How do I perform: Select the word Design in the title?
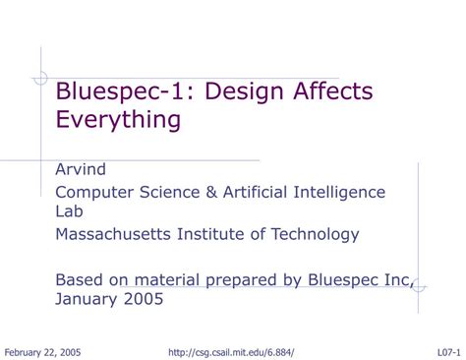(224, 92)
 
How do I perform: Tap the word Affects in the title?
(325, 92)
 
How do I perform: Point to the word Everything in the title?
(118, 120)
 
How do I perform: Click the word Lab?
(69, 210)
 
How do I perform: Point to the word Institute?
(217, 234)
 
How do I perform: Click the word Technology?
(316, 234)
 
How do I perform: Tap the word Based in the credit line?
(78, 279)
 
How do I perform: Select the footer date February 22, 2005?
(43, 352)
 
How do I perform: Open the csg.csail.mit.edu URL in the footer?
(231, 352)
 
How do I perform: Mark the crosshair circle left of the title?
(40, 79)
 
